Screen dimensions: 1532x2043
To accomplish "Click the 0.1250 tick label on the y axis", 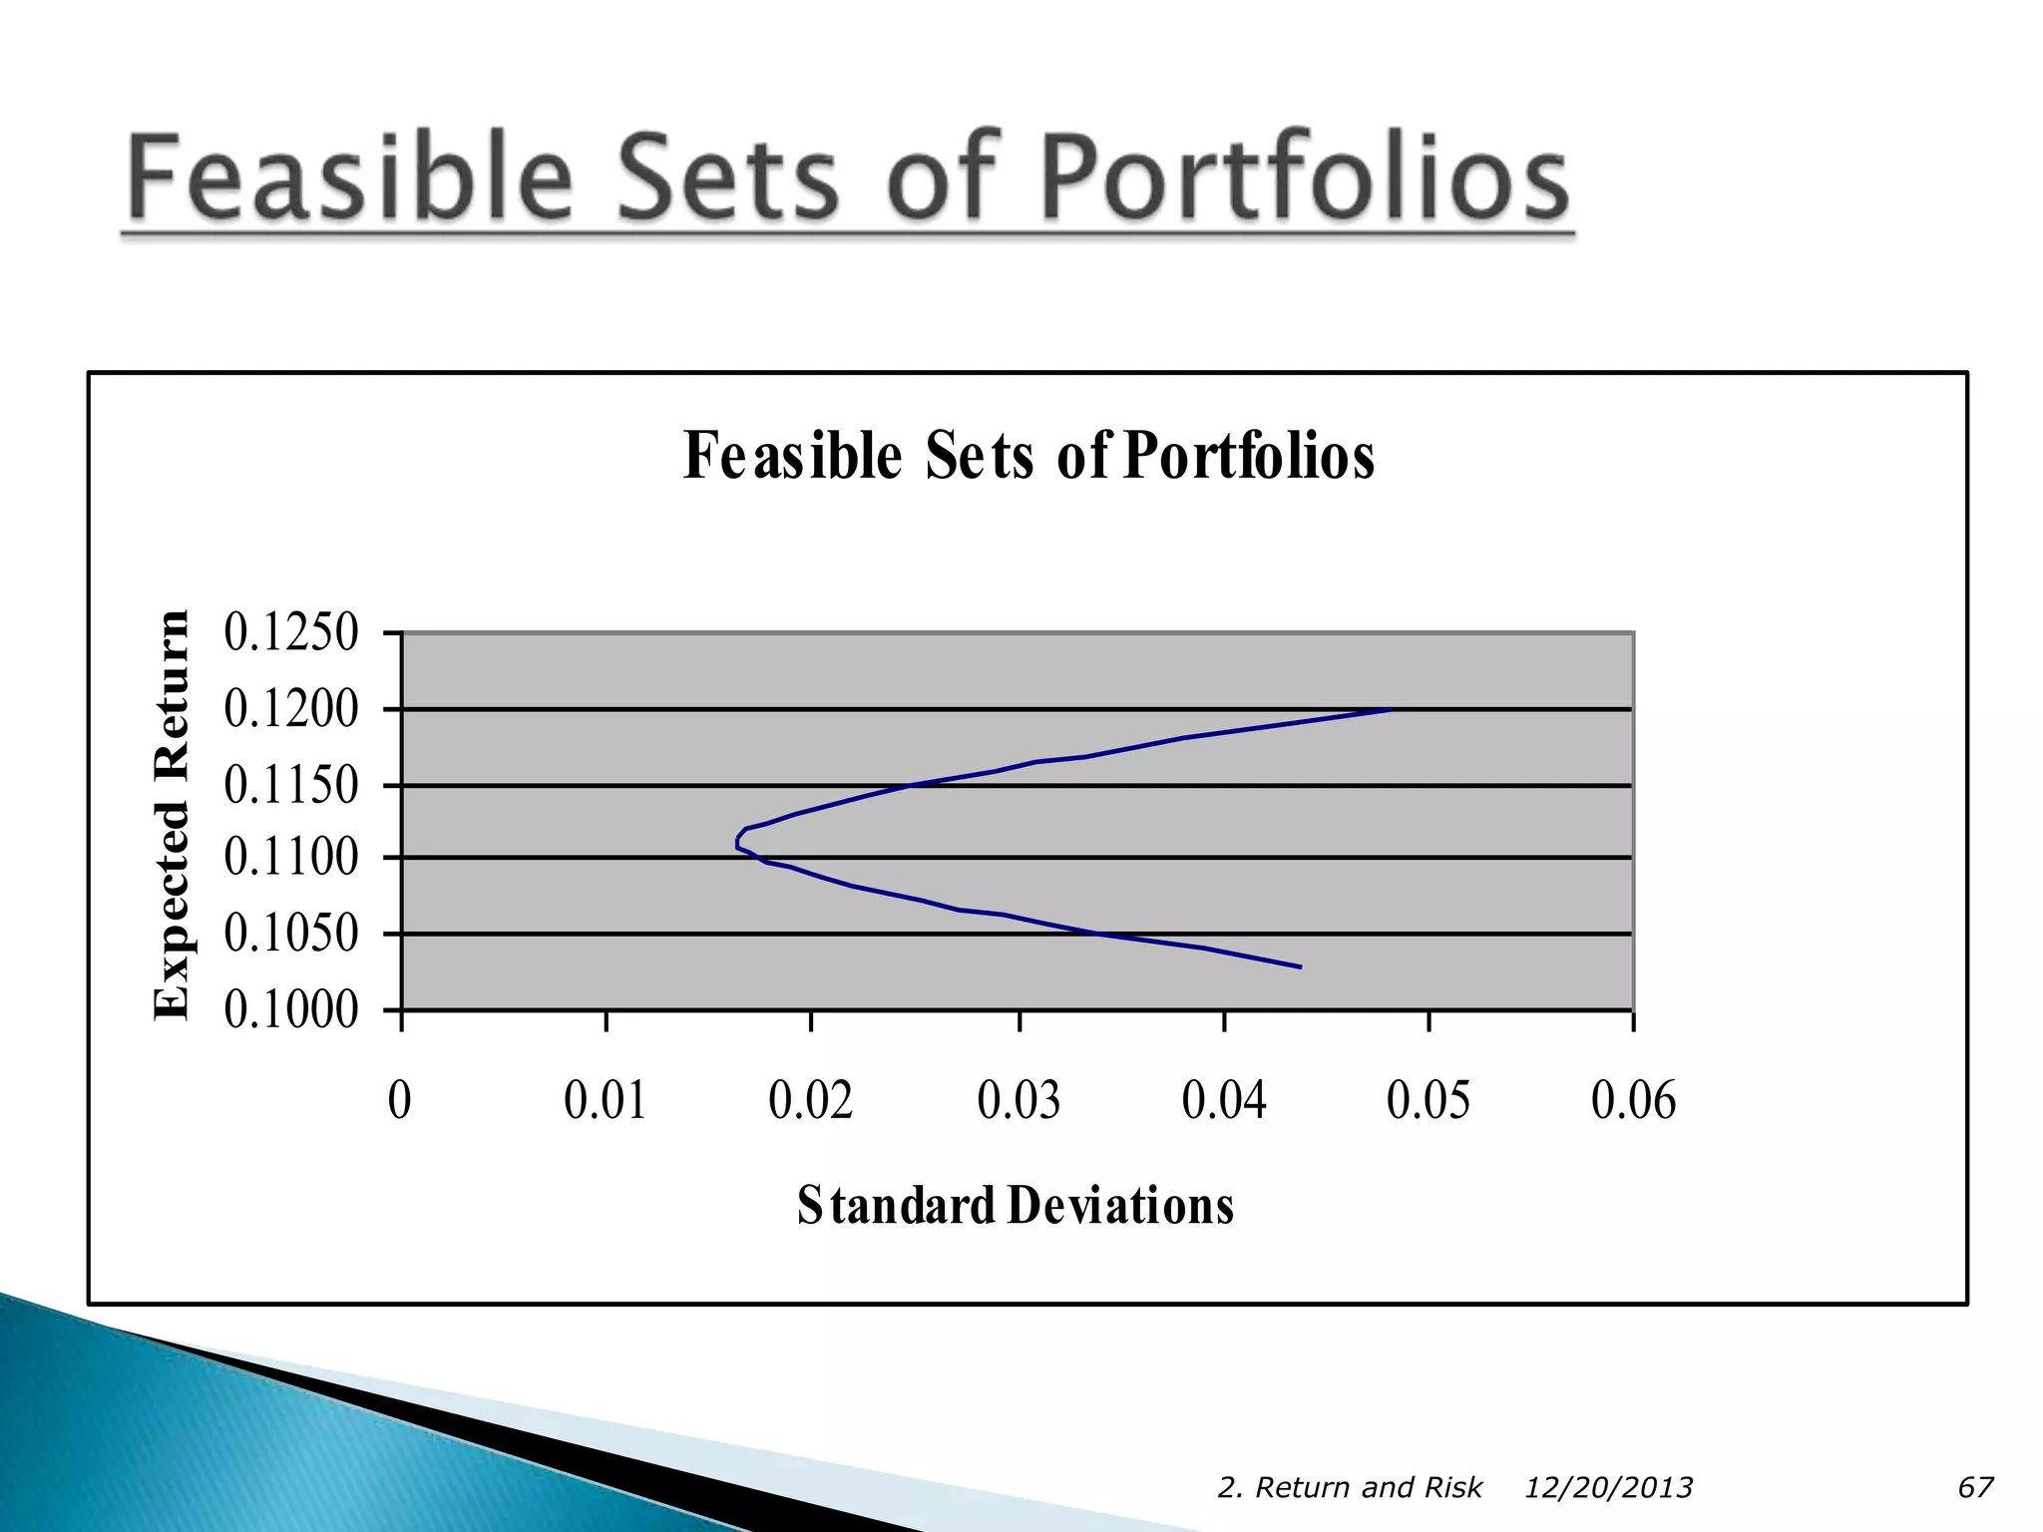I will coord(290,632).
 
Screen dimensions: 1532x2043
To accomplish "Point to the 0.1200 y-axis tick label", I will coord(290,709).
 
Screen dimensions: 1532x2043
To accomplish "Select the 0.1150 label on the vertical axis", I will coord(290,785).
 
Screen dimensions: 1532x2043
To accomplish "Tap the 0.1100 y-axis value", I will coord(290,857).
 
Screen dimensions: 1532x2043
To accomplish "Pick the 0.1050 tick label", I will coord(290,934).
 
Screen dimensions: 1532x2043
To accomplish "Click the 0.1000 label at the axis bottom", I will coord(290,1009).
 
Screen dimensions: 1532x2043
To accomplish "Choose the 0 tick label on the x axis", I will coord(400,1100).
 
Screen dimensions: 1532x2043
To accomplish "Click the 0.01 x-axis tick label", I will coord(605,1100).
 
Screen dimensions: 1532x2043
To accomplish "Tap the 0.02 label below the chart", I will coord(810,1100).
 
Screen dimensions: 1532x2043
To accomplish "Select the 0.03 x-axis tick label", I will coord(1019,1100).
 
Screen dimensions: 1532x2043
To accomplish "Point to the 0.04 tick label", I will coord(1224,1100).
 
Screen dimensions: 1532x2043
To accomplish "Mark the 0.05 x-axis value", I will coord(1429,1100).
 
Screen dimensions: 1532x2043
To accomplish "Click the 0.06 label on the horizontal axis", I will coord(1633,1100).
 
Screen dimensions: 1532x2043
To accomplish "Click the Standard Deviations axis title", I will coord(1015,1206).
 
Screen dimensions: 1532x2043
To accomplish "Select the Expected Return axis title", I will coord(172,815).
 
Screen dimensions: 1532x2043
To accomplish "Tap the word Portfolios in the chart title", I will coord(1248,456).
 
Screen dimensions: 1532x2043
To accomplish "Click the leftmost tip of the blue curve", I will coord(737,844).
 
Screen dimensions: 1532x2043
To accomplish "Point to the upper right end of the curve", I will coord(1390,710).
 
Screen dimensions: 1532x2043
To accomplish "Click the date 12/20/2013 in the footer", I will coord(1608,1488).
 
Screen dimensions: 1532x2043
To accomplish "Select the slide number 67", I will coord(1975,1488).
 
